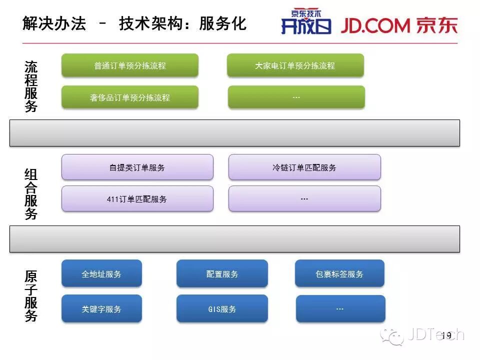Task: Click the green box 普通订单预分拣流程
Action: pos(130,65)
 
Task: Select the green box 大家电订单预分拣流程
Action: pos(295,65)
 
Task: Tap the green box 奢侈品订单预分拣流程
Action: pos(130,97)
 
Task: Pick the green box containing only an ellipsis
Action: pos(296,97)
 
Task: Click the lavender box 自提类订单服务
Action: pos(137,167)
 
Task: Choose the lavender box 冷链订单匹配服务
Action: pos(304,167)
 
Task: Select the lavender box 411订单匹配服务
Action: pos(137,199)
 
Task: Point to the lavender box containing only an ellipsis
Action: pos(304,198)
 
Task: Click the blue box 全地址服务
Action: pos(101,273)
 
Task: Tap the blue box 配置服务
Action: pos(222,273)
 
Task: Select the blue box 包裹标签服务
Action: pos(339,273)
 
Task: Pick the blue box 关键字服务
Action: pos(101,309)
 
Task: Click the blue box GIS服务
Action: pos(222,309)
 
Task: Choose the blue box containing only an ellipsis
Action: pos(340,309)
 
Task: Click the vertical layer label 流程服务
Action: pos(31,86)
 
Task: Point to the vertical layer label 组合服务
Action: pos(31,194)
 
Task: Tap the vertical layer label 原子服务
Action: pos(31,296)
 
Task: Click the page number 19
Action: pos(446,335)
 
